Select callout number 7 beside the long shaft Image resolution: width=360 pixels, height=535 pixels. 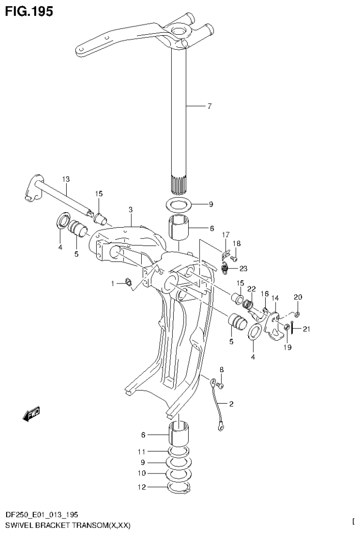click(x=209, y=106)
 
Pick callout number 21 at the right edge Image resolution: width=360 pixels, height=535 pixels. click(x=306, y=329)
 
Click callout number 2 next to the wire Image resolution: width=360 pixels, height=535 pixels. click(x=231, y=403)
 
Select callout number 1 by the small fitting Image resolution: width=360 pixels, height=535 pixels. click(x=113, y=283)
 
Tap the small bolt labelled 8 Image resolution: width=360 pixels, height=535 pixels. click(x=222, y=385)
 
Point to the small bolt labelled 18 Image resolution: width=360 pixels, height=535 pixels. click(x=234, y=258)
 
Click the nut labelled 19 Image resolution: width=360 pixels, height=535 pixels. click(x=286, y=326)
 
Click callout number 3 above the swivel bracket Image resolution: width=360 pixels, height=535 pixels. click(x=131, y=209)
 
